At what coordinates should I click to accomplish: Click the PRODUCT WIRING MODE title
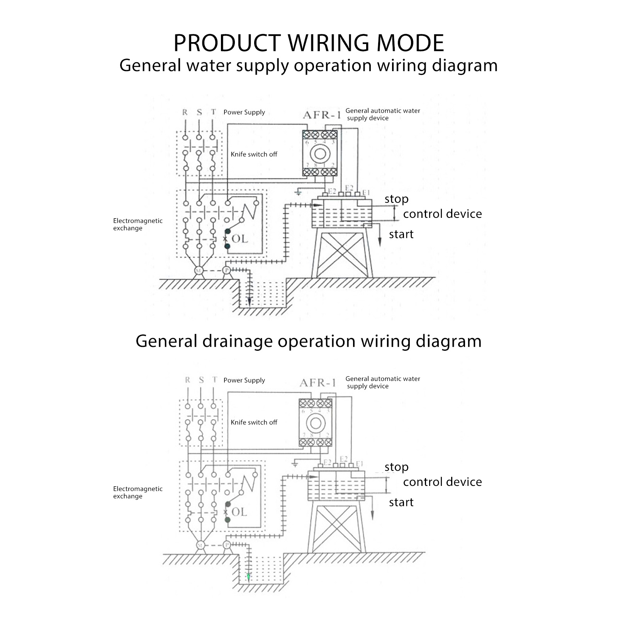(309, 43)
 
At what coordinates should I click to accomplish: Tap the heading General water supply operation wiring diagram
(309, 65)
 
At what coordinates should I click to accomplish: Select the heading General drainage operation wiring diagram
(309, 341)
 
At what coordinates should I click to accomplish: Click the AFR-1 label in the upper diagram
(322, 115)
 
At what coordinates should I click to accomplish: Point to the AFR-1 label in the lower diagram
(318, 383)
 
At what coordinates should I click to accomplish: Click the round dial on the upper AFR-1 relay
(320, 154)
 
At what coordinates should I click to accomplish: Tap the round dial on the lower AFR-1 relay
(316, 423)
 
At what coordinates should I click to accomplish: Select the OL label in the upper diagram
(240, 239)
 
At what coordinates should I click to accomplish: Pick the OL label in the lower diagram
(239, 512)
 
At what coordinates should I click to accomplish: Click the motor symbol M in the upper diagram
(199, 270)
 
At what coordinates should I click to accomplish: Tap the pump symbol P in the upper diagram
(227, 270)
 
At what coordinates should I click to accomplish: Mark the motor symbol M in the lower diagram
(200, 545)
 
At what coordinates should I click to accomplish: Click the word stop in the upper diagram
(396, 199)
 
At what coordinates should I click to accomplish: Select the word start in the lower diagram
(401, 502)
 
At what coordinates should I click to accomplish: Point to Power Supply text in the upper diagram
(244, 112)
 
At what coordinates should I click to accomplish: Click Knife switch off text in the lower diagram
(254, 422)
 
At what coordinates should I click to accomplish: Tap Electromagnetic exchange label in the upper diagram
(138, 224)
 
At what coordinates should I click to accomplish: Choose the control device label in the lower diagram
(442, 482)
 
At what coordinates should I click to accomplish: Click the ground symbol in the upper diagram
(298, 192)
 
